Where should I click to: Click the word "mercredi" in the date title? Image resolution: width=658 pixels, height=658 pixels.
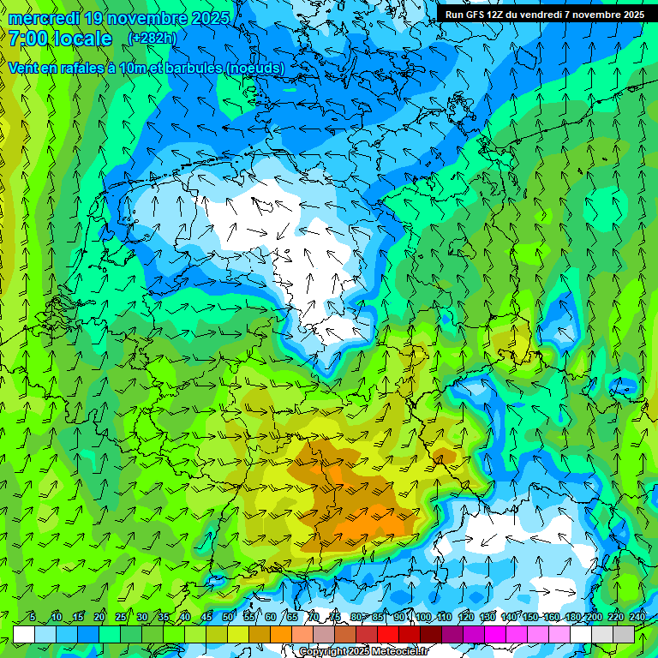point(44,18)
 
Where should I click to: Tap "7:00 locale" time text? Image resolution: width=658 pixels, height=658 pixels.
point(60,39)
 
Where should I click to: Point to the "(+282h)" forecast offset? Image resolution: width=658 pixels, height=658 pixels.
point(152,39)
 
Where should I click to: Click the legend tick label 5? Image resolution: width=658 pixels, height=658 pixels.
point(33,617)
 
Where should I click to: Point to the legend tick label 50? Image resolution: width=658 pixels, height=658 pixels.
point(228,617)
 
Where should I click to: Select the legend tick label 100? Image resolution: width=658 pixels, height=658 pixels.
point(422,617)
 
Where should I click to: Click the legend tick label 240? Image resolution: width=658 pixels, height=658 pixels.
point(637,617)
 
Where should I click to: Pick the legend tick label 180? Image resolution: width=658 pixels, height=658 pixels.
point(572,617)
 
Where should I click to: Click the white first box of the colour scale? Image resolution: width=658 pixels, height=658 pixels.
point(24,634)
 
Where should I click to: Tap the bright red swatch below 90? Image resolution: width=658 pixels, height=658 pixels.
point(388,634)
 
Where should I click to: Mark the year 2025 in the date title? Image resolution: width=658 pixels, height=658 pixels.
point(206,18)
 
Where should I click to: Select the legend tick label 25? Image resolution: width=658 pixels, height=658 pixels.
point(121,617)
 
